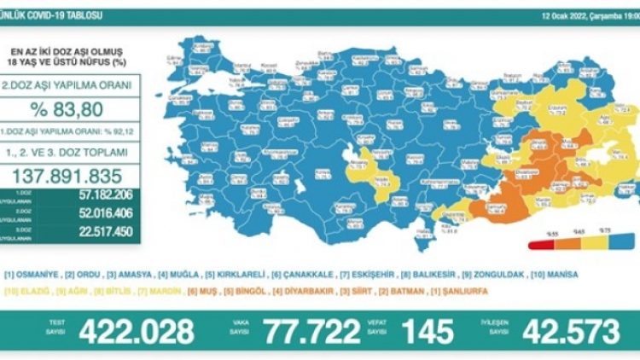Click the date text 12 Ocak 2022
coord(559,15)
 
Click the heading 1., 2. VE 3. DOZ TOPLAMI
coord(72,152)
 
